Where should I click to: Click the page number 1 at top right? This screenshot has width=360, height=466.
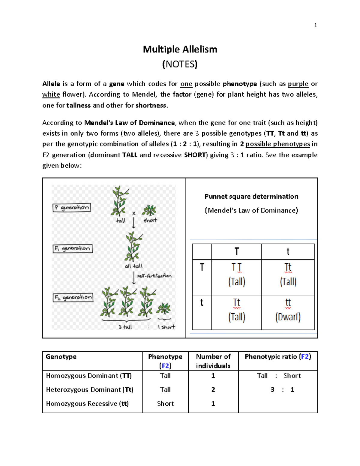[x=315, y=26]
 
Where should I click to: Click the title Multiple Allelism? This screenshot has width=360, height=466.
[x=180, y=49]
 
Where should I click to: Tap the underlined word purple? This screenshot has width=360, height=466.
[x=298, y=84]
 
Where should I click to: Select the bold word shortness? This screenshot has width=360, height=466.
[x=151, y=105]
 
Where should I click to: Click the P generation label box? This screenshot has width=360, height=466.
[x=72, y=208]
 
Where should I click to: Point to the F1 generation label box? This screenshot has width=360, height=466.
[x=73, y=248]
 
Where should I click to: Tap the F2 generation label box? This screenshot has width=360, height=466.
[x=73, y=297]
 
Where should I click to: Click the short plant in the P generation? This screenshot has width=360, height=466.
[x=149, y=211]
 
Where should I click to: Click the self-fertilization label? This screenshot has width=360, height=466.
[x=154, y=276]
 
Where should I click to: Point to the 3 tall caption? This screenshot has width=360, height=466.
[x=125, y=327]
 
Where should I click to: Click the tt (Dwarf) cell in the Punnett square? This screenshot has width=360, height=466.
[x=288, y=312]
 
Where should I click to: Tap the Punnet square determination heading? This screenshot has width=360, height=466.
[x=251, y=197]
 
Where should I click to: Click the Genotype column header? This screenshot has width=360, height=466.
[x=61, y=356]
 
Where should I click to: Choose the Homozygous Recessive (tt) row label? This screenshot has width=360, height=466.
[x=87, y=404]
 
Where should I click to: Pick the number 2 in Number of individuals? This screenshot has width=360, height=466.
[x=213, y=389]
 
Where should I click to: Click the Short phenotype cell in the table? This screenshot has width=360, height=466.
[x=165, y=404]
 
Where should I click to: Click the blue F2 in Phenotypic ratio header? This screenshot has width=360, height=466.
[x=305, y=356]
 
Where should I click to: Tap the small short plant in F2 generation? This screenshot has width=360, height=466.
[x=163, y=309]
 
